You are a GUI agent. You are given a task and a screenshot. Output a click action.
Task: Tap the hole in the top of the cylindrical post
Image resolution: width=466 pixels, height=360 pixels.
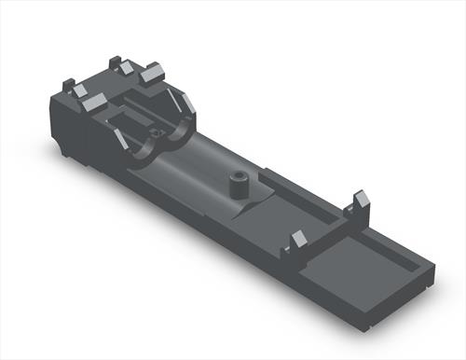pyautogui.click(x=238, y=174)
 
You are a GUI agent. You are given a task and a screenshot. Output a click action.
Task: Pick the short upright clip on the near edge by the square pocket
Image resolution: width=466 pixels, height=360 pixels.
pyautogui.click(x=298, y=241)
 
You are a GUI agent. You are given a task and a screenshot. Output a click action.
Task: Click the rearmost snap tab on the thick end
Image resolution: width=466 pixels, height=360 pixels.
pyautogui.click(x=118, y=65)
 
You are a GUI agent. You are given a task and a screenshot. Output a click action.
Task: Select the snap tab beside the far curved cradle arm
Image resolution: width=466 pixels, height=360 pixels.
pyautogui.click(x=152, y=75)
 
